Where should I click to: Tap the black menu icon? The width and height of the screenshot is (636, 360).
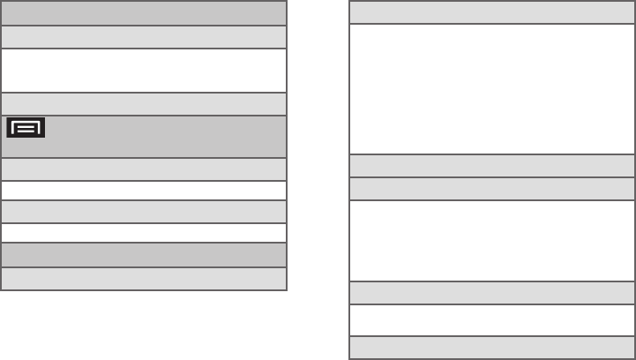point(26,128)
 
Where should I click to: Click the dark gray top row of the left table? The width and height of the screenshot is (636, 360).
point(144,13)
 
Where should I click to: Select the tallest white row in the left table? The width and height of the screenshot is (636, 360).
point(144,71)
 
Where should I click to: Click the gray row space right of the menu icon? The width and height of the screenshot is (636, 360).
point(168,137)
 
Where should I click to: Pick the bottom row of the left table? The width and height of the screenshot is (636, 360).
point(144,279)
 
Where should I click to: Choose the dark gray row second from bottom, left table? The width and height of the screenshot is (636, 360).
point(144,255)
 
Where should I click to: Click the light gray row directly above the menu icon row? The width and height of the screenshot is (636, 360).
point(144,104)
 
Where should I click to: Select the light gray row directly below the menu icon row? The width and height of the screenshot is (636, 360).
point(144,169)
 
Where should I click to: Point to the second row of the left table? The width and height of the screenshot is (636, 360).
point(144,37)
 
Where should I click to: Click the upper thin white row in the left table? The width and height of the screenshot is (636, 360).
point(144,191)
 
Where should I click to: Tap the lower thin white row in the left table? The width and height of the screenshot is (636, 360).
point(144,233)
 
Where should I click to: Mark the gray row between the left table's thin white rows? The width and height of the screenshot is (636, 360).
point(144,212)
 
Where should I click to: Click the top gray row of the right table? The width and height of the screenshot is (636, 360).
point(491,13)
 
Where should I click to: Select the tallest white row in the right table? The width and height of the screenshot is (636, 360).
point(491,89)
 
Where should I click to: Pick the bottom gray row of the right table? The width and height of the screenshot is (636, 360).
point(491,348)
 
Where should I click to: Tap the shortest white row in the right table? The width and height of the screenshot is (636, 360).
point(491,320)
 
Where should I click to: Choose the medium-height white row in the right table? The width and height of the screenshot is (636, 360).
point(491,241)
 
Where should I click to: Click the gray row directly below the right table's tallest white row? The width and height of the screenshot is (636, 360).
point(491,166)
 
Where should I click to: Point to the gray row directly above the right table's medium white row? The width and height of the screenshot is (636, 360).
point(491,190)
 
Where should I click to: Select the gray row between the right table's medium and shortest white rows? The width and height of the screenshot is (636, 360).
point(491,293)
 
